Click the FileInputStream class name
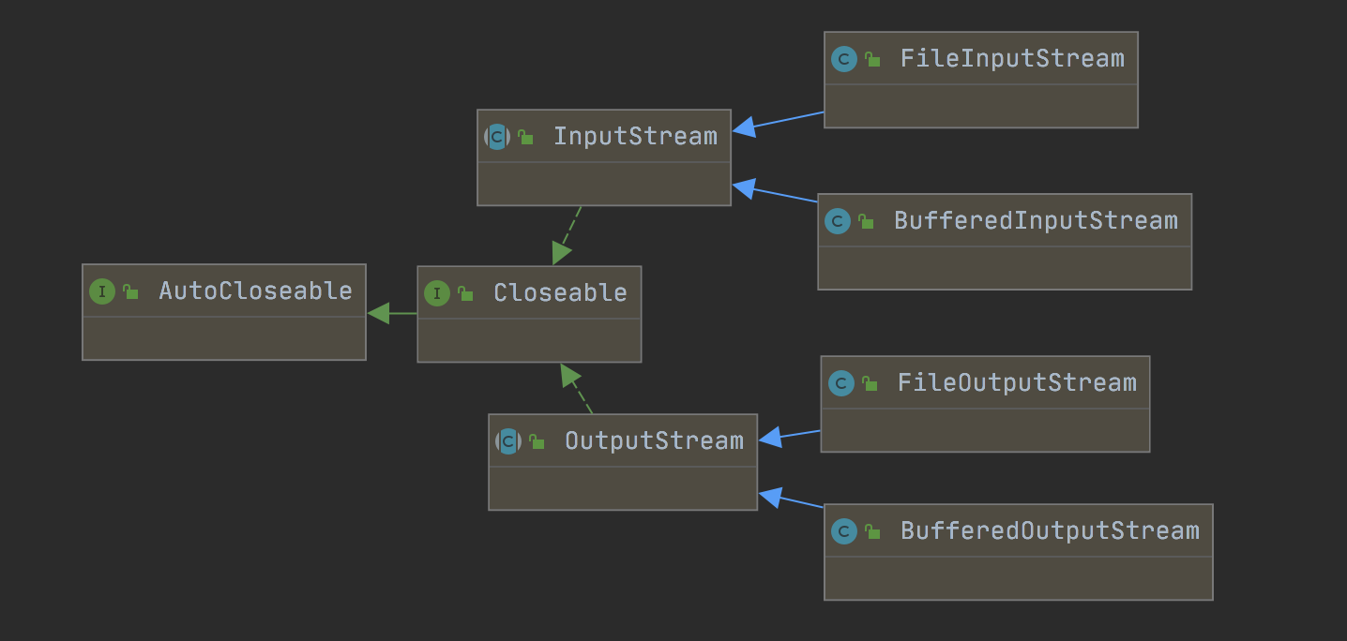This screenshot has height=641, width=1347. pos(1012,59)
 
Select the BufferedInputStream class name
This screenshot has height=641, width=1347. pos(1036,221)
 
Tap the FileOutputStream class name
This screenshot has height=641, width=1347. pos(1017,383)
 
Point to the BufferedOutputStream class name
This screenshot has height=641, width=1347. pos(1050,531)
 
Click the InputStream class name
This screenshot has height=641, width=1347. pos(635,137)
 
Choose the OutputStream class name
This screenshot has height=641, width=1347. pos(654,441)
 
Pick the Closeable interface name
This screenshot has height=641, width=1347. pos(560,293)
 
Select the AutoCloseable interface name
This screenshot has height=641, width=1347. pos(255,291)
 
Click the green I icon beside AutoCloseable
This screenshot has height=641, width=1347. pos(102,291)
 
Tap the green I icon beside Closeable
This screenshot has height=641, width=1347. pos(437,293)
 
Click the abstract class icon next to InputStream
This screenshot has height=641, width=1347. pos(497,137)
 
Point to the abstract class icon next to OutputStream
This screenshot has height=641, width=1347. pos(508,441)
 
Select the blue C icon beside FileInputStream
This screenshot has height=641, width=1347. pos(844,59)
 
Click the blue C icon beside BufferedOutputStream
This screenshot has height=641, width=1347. pos(844,531)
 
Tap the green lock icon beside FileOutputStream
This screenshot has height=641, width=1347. pos(870,383)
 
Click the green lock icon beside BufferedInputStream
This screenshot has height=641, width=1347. pos(866,221)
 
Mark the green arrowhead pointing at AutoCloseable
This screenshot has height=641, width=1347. pos(379,314)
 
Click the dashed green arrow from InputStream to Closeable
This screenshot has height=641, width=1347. pos(568,235)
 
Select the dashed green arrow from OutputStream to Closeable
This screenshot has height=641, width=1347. pos(576,389)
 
